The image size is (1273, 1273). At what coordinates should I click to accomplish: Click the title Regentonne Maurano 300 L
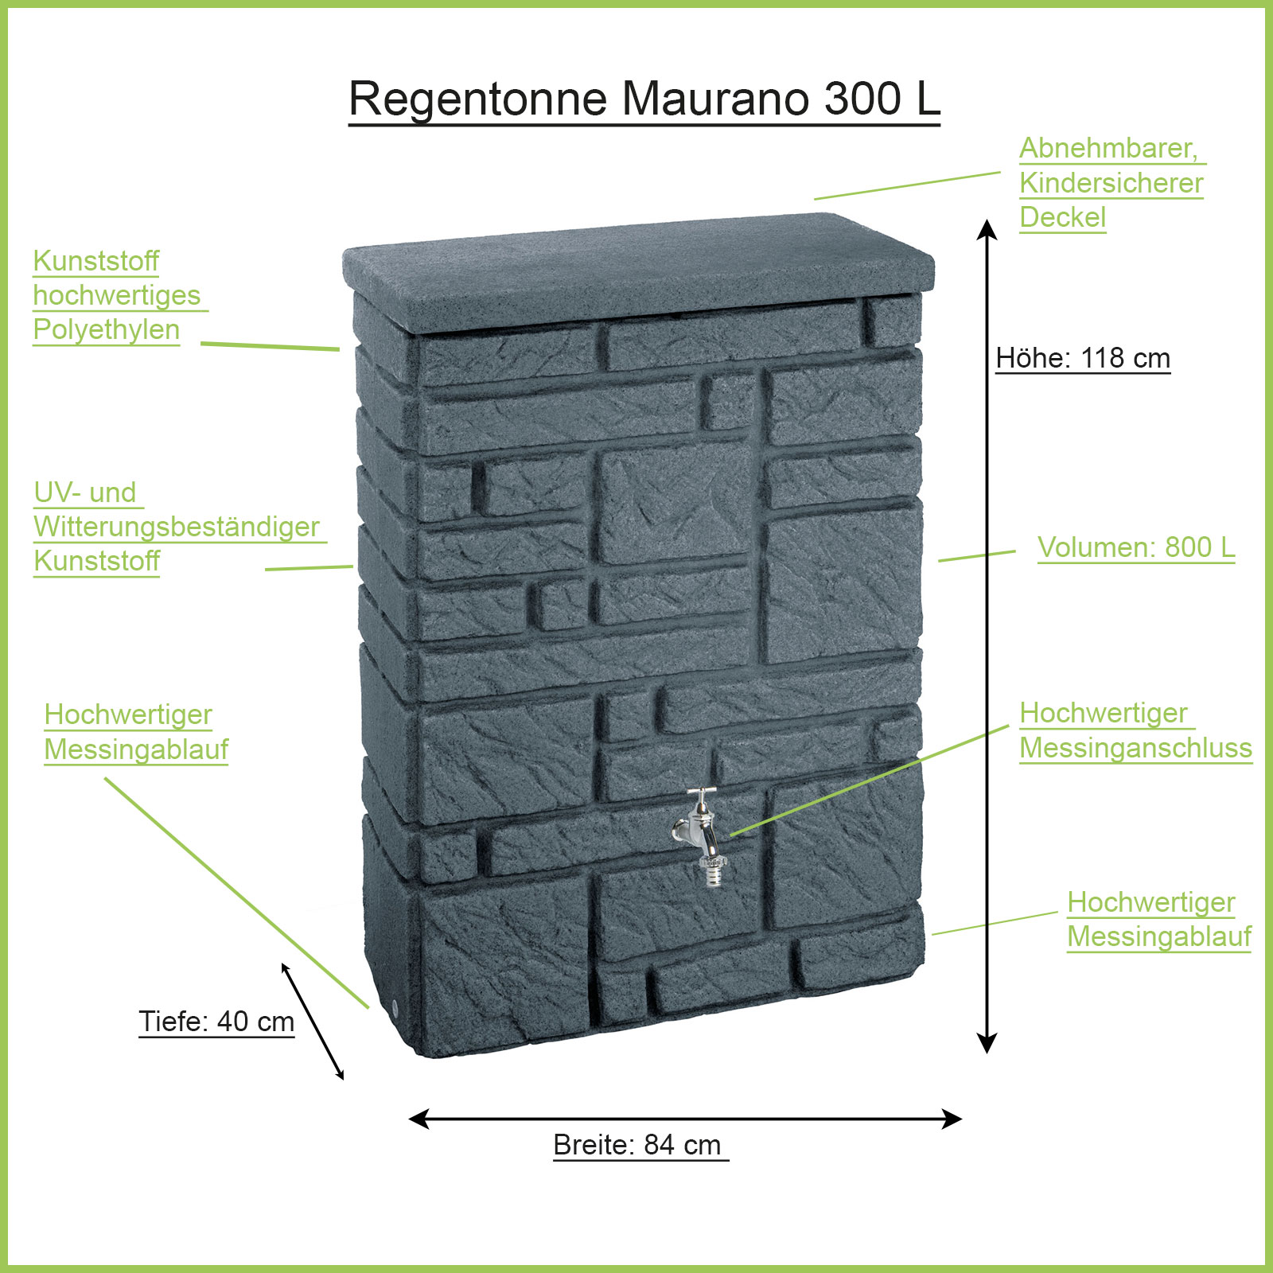tap(644, 99)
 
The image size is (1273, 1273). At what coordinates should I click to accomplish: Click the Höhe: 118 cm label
tap(1083, 358)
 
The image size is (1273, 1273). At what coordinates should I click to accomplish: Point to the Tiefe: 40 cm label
tap(216, 1022)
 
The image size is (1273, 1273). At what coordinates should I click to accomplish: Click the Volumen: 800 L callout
tap(1136, 547)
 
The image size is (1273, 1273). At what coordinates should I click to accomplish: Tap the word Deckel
tap(1062, 217)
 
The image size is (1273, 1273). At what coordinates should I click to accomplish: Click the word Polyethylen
tap(107, 329)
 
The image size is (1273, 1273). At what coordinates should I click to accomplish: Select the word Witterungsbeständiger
tap(177, 527)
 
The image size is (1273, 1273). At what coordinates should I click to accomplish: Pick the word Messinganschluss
tap(1135, 748)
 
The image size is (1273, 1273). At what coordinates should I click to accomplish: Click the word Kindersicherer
tap(1111, 183)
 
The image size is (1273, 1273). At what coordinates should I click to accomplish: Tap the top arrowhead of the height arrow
tap(987, 228)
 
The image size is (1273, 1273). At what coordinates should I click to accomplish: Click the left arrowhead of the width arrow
tap(418, 1119)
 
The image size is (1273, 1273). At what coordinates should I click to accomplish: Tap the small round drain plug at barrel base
tap(395, 1008)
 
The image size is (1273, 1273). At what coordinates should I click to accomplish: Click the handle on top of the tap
tap(702, 792)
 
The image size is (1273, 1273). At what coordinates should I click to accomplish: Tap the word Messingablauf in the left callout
tap(136, 749)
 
